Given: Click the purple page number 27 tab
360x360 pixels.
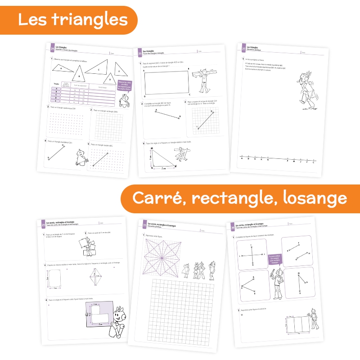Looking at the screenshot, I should pos(243,48).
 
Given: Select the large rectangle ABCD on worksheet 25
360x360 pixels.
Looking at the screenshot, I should pos(167,83).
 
